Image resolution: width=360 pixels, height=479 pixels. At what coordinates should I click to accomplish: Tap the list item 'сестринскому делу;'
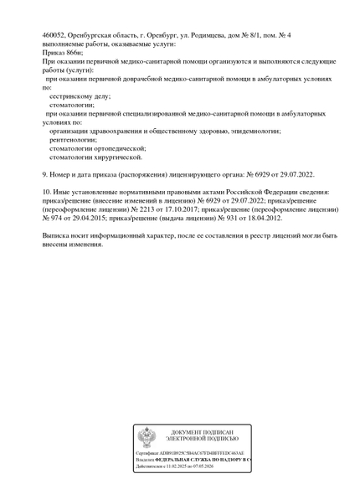(x=76, y=96)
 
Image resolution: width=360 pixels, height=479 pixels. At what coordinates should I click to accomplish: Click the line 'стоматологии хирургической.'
(x=95, y=157)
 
